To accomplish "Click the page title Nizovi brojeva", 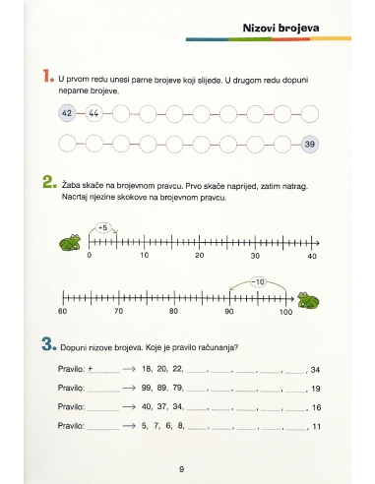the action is coord(281,29).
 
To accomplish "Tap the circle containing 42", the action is coord(67,113).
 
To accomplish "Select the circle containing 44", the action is coord(94,113).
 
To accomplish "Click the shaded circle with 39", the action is coord(310,144).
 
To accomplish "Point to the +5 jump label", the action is coord(103,227).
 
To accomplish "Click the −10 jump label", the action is coord(258,282).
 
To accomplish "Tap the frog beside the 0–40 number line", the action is coord(70,243).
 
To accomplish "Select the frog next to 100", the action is coord(308,300).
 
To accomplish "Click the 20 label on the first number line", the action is coord(199,255).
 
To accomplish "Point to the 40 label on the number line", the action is coord(312,256).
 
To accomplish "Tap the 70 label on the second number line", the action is coord(118,311).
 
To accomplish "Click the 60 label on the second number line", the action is coord(62,311).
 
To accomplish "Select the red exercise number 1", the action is coord(48,76).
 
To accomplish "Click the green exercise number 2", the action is coord(49,182).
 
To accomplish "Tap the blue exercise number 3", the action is coord(49,344).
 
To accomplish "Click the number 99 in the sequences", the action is coord(147,388).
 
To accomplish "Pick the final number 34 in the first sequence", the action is coord(315,370).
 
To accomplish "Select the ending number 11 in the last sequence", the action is coord(316,427).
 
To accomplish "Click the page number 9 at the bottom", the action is coord(181,469).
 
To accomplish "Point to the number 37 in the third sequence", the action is coord(161,406).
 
